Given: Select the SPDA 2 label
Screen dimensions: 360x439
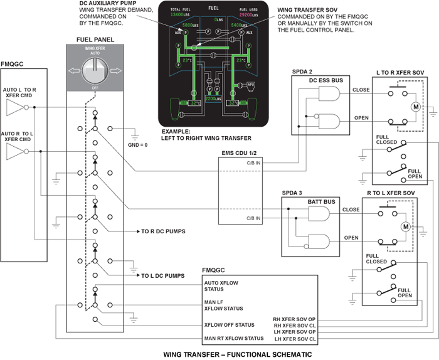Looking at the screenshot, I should point(303,71).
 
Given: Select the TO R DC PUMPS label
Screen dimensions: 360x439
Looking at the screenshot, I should point(162,231).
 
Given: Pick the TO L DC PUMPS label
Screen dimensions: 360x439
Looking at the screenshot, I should point(162,275).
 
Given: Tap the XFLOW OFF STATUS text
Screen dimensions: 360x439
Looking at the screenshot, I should point(229,325).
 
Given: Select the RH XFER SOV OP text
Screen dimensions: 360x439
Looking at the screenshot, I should point(295,318).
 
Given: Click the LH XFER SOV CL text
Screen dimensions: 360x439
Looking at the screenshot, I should point(295,339).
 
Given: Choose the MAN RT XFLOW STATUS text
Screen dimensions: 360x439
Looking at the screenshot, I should point(234,339).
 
